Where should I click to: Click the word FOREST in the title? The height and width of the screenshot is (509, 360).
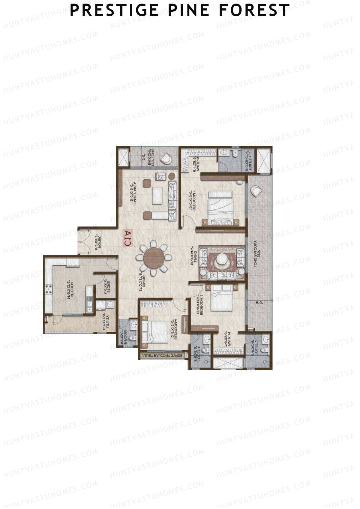(254, 10)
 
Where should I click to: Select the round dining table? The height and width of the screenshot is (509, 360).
(154, 258)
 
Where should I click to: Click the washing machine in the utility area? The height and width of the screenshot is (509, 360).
(110, 305)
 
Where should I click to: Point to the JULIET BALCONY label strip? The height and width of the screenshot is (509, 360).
(162, 356)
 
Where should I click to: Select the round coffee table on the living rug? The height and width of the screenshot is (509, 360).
(222, 259)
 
